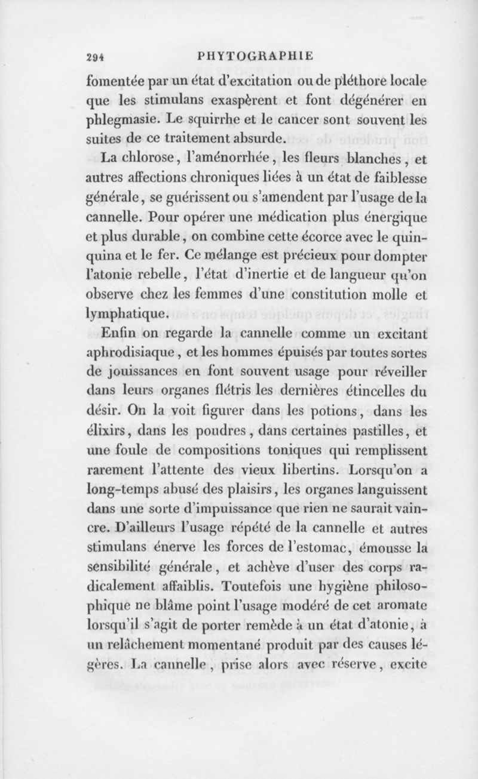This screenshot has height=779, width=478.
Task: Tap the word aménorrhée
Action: click(x=218, y=159)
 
